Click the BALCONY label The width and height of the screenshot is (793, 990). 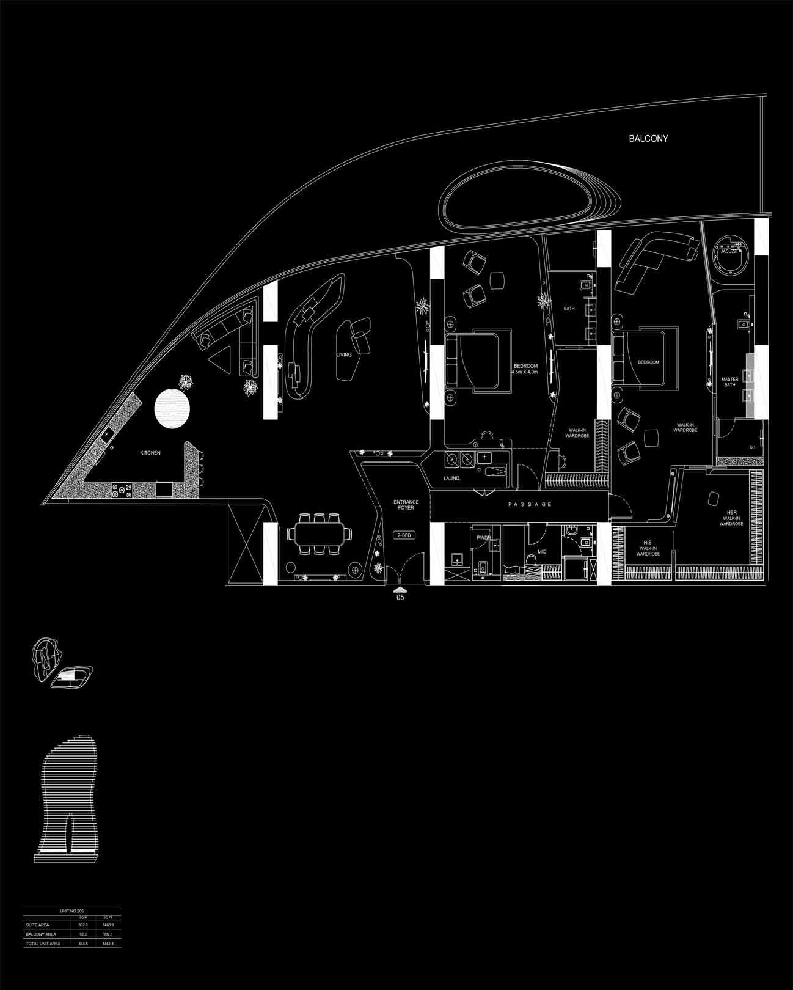[x=648, y=139]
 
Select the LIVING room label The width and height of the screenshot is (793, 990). [x=344, y=354]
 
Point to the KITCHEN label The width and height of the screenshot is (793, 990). [x=150, y=453]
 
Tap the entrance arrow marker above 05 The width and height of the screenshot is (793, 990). [x=400, y=589]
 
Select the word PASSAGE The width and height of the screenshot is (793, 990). [x=530, y=504]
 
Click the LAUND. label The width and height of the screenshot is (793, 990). [x=452, y=479]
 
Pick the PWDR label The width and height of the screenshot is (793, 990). [x=484, y=538]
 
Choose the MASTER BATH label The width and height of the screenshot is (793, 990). [x=729, y=383]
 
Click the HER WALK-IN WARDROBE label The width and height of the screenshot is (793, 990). [x=732, y=518]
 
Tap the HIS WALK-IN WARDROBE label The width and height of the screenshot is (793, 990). [x=648, y=548]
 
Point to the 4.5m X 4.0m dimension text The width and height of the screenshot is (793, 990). [x=525, y=372]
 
